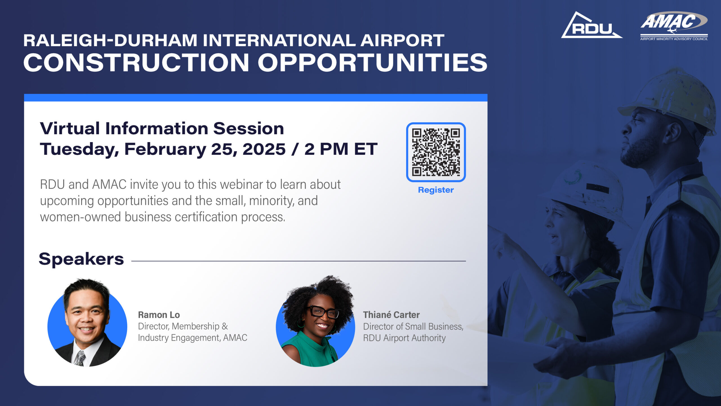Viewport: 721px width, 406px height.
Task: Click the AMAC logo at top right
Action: [x=674, y=25]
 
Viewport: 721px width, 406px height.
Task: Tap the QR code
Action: [x=436, y=152]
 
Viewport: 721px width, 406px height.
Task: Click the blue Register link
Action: [x=436, y=190]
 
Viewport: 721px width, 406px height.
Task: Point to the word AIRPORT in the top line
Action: [x=402, y=40]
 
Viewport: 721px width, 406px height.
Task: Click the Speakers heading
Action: [x=81, y=259]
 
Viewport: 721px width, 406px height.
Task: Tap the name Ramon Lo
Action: [x=159, y=315]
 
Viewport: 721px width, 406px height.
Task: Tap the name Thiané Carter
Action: [x=391, y=315]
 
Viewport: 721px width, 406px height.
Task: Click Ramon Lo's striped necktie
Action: [x=80, y=358]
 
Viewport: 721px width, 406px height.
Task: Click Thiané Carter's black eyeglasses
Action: [x=324, y=312]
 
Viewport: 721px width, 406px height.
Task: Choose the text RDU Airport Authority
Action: [x=404, y=338]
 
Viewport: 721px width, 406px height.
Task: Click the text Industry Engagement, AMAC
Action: [x=192, y=337]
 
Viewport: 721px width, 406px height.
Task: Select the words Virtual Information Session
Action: [x=162, y=129]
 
